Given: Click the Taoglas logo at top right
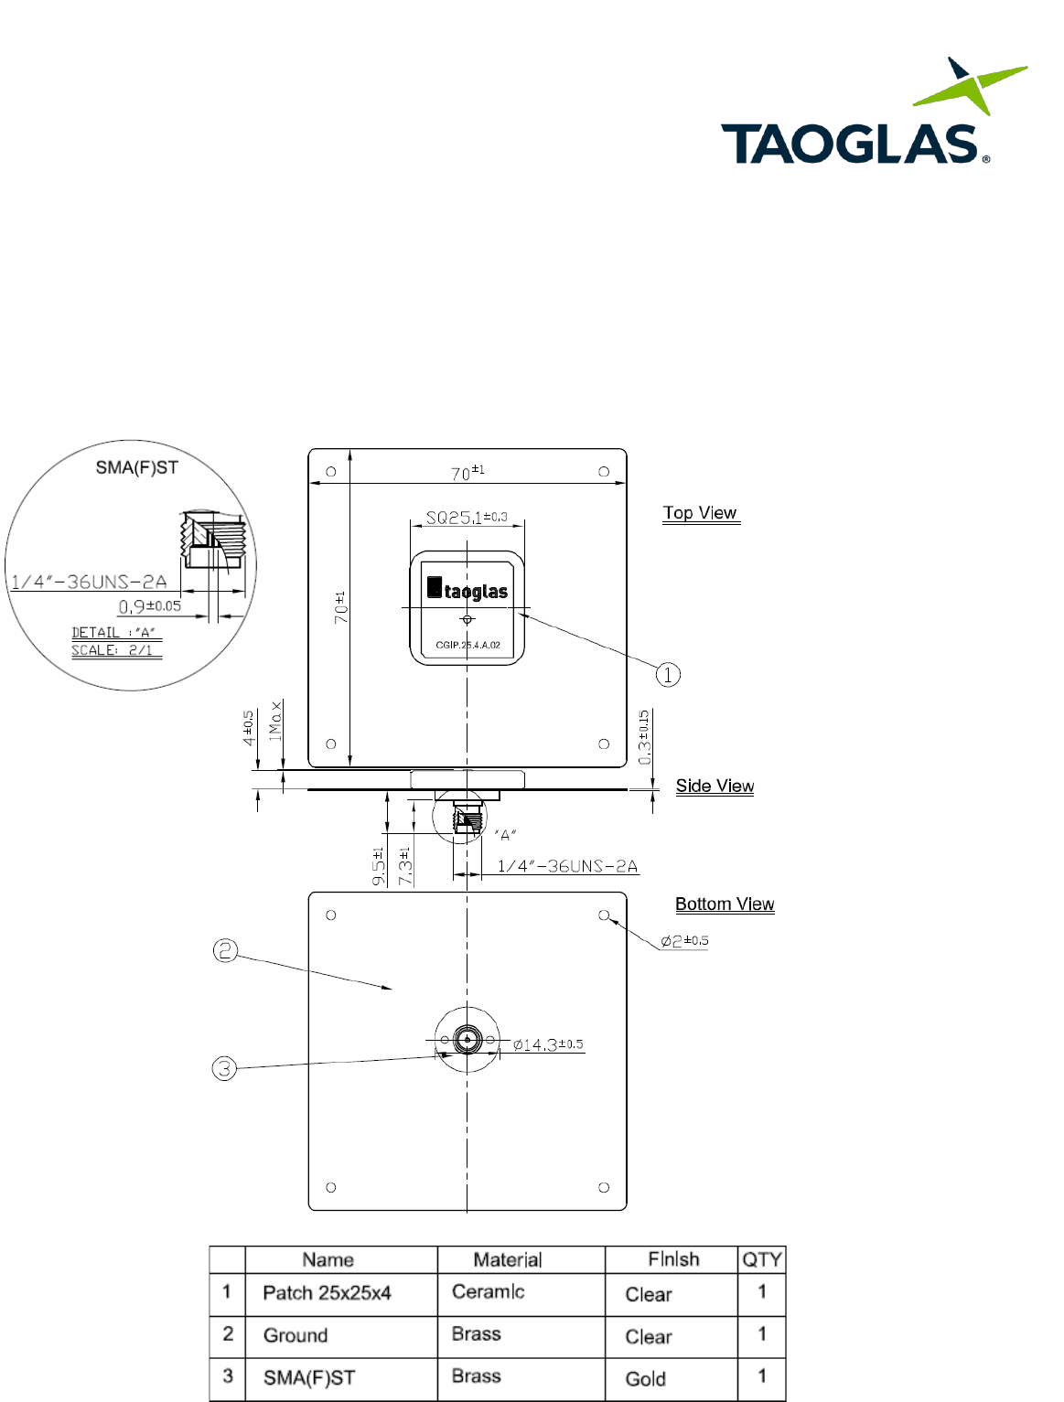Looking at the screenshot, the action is click(x=874, y=111).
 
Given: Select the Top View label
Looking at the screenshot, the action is click(x=700, y=513).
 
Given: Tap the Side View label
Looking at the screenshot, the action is click(x=715, y=786).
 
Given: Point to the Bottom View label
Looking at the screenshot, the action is click(x=725, y=904).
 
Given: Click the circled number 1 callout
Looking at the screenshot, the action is click(x=668, y=675).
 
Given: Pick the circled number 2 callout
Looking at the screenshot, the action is click(x=225, y=950).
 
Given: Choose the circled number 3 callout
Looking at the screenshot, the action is click(x=224, y=1068).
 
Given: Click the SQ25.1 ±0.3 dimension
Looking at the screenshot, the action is click(x=467, y=517).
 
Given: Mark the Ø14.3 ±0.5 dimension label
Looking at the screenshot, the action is click(x=548, y=1044).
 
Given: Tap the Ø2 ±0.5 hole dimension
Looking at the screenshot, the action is click(x=684, y=941).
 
